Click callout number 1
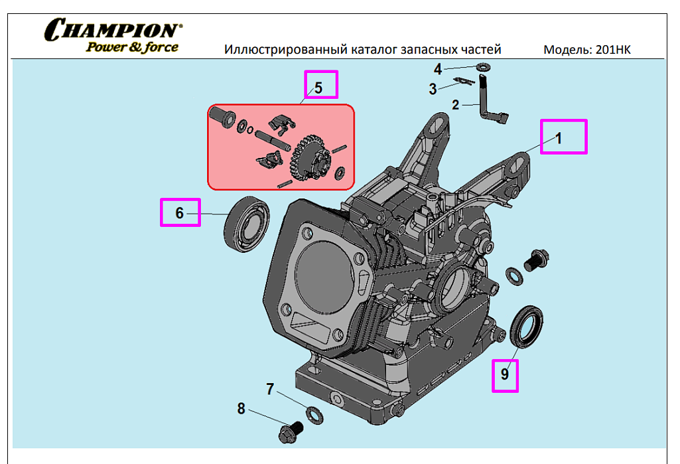tap(559, 138)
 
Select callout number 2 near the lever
tap(456, 104)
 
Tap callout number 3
tap(433, 88)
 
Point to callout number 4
tap(438, 69)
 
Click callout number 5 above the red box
tap(318, 87)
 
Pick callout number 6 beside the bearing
tap(179, 213)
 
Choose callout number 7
tap(270, 389)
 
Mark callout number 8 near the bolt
tap(241, 408)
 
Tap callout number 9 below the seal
tap(505, 374)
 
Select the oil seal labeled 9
tap(527, 326)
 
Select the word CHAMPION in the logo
tap(112, 30)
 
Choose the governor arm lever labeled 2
tap(492, 106)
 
